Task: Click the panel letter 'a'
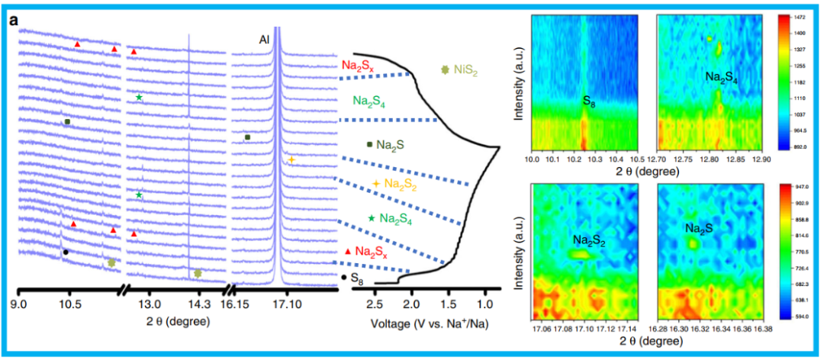click(14, 21)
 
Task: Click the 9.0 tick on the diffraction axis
click(20, 304)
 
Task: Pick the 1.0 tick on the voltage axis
click(484, 304)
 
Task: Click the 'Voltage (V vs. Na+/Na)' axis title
click(429, 323)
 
